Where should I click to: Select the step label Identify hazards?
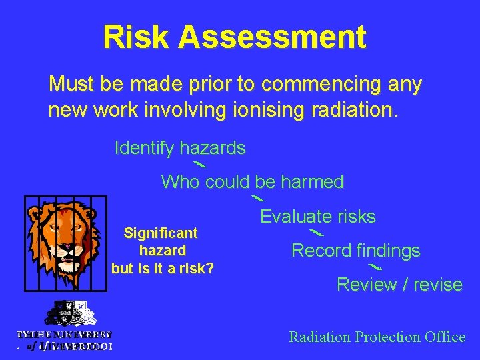click(x=180, y=148)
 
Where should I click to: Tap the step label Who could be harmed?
click(x=252, y=181)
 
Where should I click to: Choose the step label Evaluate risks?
click(x=317, y=217)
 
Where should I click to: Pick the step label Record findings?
click(x=356, y=251)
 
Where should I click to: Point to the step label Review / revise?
click(x=399, y=285)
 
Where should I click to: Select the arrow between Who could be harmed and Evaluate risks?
click(x=257, y=198)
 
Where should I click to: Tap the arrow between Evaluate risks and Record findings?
click(x=317, y=233)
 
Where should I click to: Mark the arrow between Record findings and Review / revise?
click(x=375, y=267)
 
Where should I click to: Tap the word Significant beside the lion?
click(x=161, y=233)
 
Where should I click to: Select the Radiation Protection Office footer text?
click(x=377, y=337)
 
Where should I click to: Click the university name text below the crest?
click(x=64, y=340)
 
